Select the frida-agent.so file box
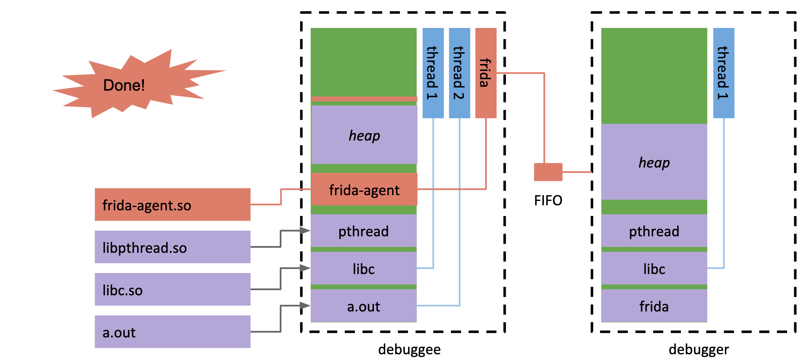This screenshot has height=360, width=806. [x=173, y=205]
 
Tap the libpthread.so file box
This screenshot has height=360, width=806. [x=173, y=247]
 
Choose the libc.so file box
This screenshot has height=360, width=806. [x=173, y=290]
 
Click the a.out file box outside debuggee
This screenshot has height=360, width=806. [x=173, y=332]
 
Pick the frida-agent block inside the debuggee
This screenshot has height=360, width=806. [x=364, y=189]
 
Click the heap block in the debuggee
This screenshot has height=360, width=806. [x=364, y=135]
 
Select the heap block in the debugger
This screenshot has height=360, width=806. [x=654, y=162]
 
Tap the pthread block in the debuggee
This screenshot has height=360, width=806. [x=364, y=231]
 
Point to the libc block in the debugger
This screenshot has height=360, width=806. [x=654, y=269]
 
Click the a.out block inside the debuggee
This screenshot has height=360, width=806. [x=364, y=306]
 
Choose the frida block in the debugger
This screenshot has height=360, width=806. [x=654, y=306]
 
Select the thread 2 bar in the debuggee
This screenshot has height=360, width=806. [x=459, y=73]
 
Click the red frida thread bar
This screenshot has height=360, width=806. [x=486, y=73]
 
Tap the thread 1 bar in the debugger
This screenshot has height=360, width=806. [x=723, y=73]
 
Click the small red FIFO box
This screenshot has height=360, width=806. [x=548, y=172]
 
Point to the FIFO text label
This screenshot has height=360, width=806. [x=548, y=201]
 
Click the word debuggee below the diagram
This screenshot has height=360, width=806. [x=409, y=350]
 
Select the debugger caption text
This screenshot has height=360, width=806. [x=699, y=350]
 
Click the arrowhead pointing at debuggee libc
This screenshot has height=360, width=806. [x=305, y=268]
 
